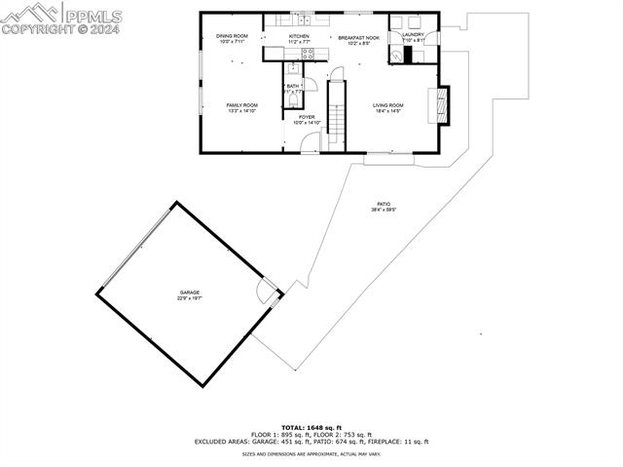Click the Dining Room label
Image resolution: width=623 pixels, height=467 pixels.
coord(232,36)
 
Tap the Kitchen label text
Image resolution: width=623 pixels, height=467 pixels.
coord(299,36)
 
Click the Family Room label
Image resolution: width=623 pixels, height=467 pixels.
coord(241,104)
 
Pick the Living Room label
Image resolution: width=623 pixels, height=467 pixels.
coord(387,104)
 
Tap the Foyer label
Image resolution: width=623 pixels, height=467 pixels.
coord(306,117)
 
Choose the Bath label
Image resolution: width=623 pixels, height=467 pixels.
coord(292,87)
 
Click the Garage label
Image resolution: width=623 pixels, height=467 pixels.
coord(189,292)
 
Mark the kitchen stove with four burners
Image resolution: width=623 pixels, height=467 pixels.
coord(308,54)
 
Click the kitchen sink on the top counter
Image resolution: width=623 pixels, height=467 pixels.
coord(303,19)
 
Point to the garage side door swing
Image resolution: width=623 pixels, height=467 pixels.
coord(266,290)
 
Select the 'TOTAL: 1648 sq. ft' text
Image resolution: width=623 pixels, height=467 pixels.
coord(311,427)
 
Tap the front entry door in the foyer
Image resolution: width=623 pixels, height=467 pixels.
coord(311,145)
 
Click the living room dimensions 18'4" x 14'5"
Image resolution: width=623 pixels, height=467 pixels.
coord(387,112)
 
